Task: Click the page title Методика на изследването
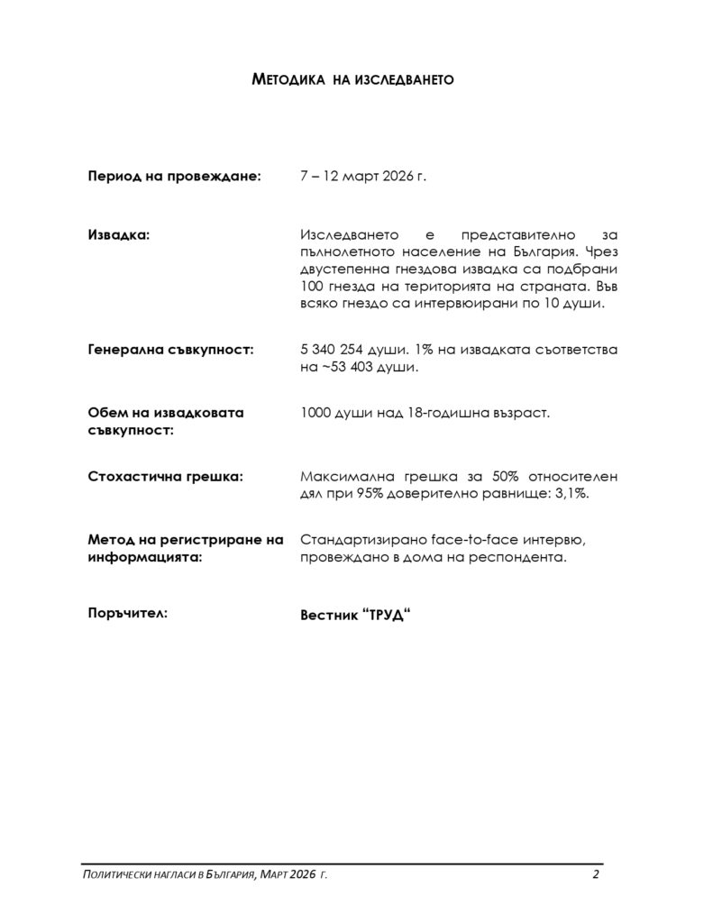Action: (x=352, y=80)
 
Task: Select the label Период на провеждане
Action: (x=174, y=177)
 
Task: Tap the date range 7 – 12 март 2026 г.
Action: (x=362, y=177)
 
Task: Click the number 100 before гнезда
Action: (x=311, y=286)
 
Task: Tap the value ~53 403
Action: (x=348, y=367)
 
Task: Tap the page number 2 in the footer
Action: (x=596, y=875)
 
